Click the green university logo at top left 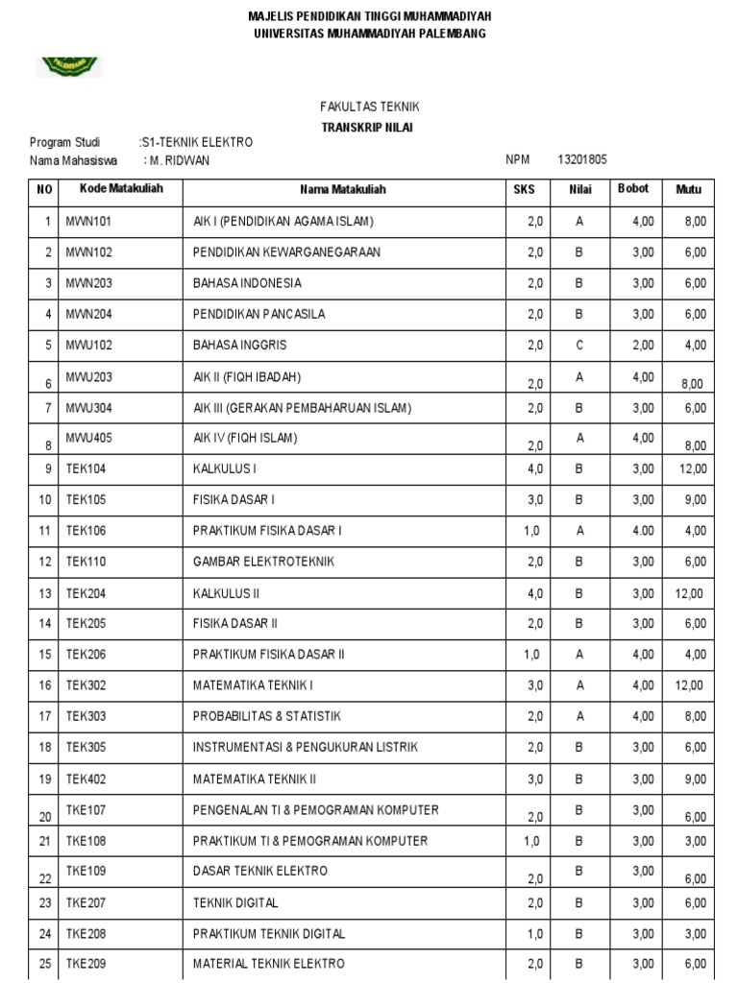point(69,66)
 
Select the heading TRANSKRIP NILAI point(369,127)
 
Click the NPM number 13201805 point(581,160)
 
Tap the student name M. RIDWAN point(180,160)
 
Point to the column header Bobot point(633,189)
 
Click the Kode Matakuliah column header point(120,189)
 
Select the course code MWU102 point(88,345)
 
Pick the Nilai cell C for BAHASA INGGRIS point(579,345)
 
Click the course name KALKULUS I point(225,469)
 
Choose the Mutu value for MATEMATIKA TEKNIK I point(689,685)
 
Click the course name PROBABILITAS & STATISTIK point(267,716)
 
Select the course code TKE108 point(86,841)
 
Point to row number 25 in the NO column point(44,964)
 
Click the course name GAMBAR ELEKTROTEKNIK point(263,562)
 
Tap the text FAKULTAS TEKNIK point(369,107)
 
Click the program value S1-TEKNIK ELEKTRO point(197,142)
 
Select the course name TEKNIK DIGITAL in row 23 point(235,902)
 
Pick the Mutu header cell point(689,189)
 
